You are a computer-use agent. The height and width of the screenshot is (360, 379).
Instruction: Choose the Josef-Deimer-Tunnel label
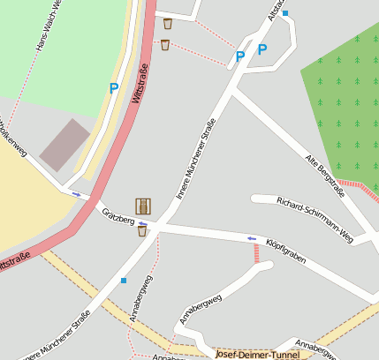(257, 354)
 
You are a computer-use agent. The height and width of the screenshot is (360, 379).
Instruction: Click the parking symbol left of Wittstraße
(113, 87)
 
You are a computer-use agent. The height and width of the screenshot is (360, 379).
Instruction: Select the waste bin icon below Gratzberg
(141, 231)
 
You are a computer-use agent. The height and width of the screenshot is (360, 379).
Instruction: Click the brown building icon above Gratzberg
(143, 206)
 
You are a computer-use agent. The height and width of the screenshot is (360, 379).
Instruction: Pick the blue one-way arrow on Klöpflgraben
(252, 238)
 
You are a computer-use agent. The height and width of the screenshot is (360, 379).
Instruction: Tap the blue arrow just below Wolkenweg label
(76, 194)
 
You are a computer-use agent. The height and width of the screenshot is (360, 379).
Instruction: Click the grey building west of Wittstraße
(64, 145)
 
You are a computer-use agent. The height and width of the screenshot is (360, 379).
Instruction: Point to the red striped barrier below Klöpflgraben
(257, 254)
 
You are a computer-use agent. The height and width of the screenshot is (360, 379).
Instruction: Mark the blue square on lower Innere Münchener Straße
(124, 281)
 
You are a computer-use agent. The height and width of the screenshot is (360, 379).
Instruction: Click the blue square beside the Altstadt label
(284, 13)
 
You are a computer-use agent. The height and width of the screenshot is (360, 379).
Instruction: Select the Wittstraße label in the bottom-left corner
(14, 263)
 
